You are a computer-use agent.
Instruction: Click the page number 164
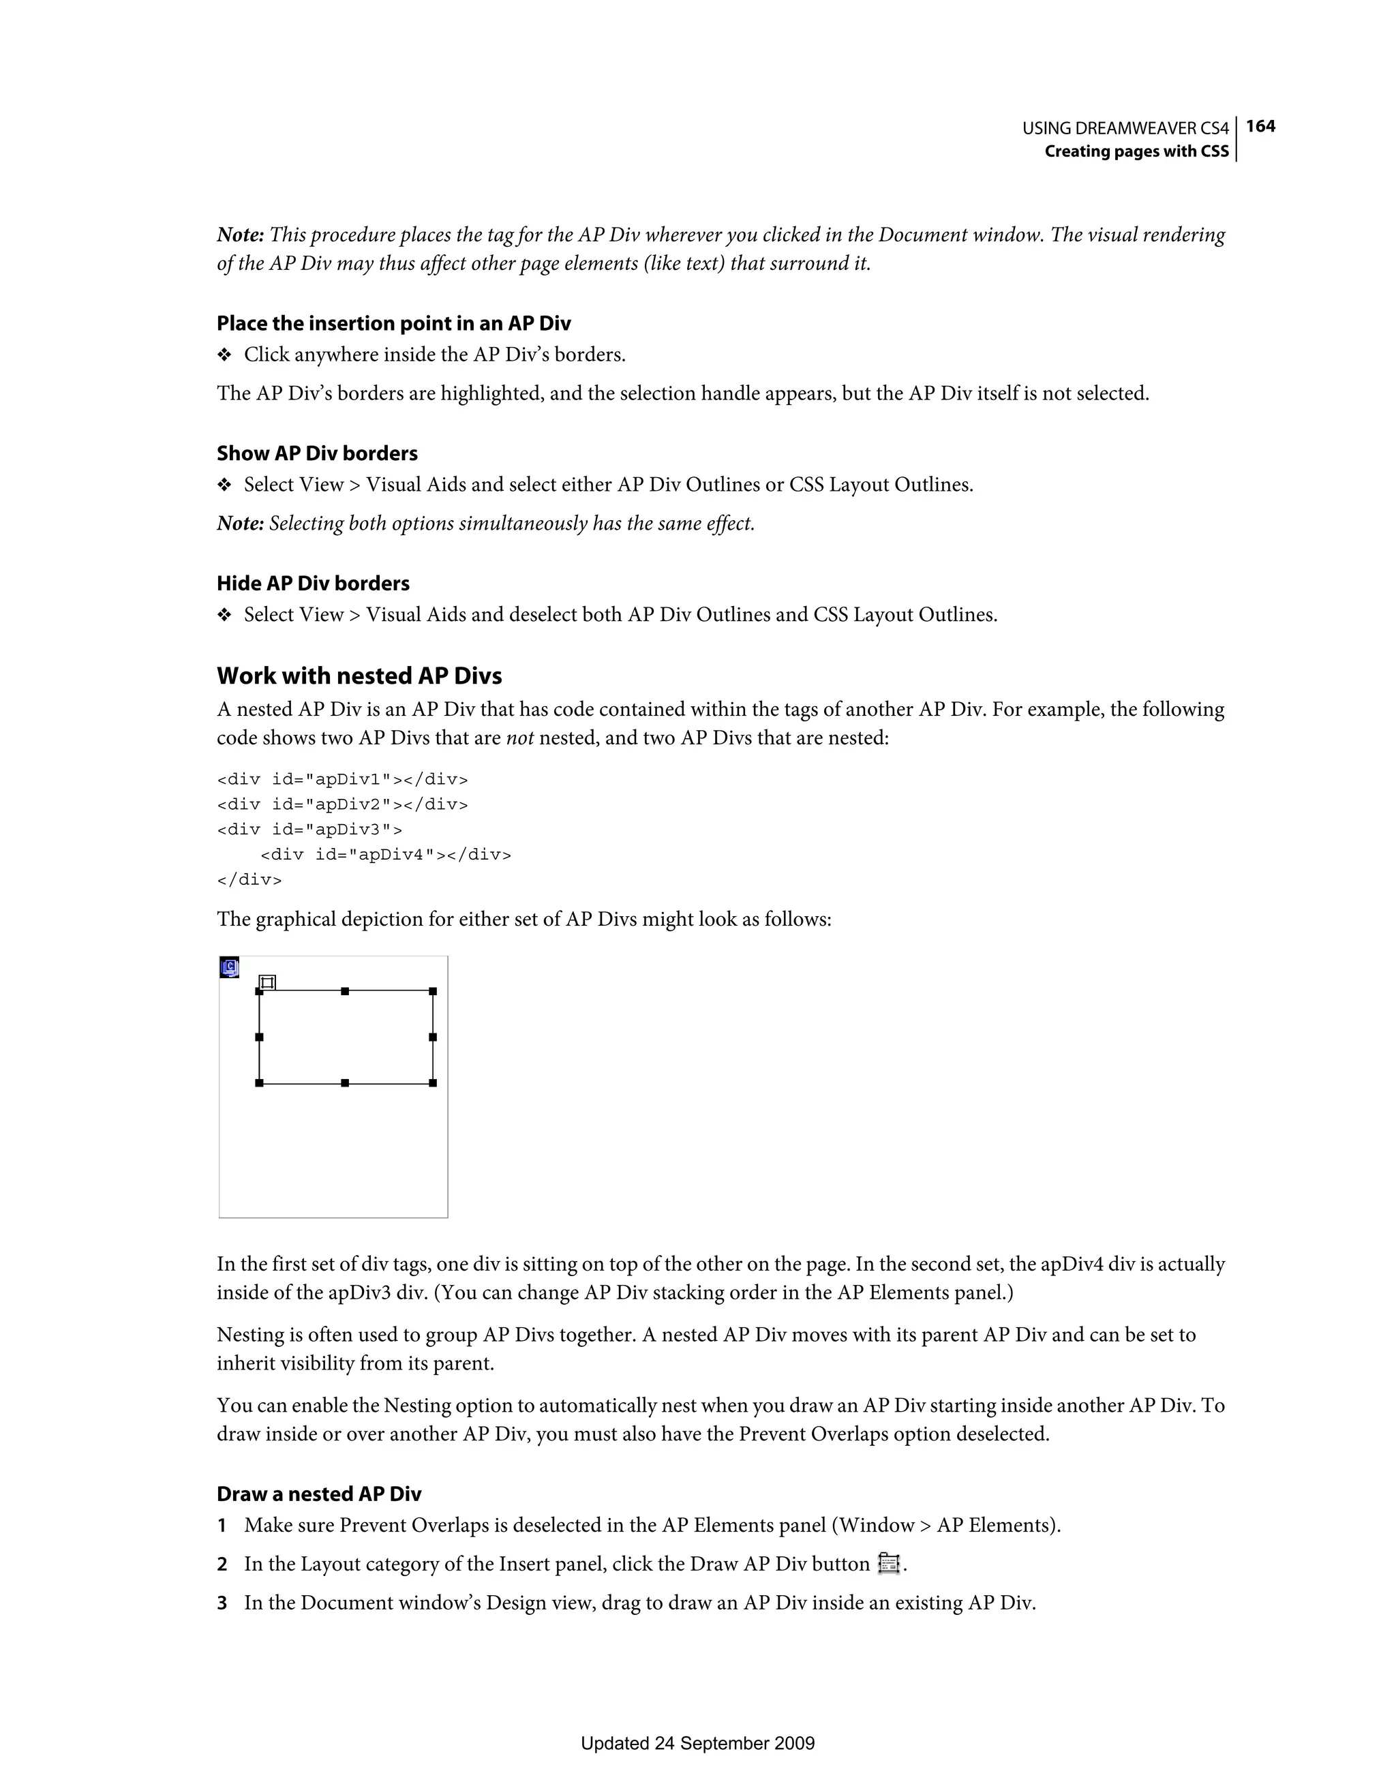pos(1260,126)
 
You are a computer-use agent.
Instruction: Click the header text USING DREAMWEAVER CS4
pos(1125,128)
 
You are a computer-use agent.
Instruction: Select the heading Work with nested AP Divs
pos(359,676)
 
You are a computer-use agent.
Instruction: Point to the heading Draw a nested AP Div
pos(318,1494)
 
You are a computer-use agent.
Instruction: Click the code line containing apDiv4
pos(385,855)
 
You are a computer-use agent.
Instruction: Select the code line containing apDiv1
pos(342,778)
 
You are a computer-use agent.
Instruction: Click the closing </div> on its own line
pos(249,880)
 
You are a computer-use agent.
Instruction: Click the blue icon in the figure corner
pos(230,967)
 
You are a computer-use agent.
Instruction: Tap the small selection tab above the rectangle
pos(267,982)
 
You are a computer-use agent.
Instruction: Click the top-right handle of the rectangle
pos(433,991)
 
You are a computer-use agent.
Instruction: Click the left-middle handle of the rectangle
pos(259,1037)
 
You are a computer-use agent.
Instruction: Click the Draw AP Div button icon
pos(888,1564)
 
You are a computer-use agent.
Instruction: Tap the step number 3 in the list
pos(222,1603)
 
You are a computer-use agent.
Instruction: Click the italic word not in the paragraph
pos(519,738)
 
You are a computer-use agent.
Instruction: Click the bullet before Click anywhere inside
pos(224,355)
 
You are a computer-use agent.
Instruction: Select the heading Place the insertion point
pos(393,323)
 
